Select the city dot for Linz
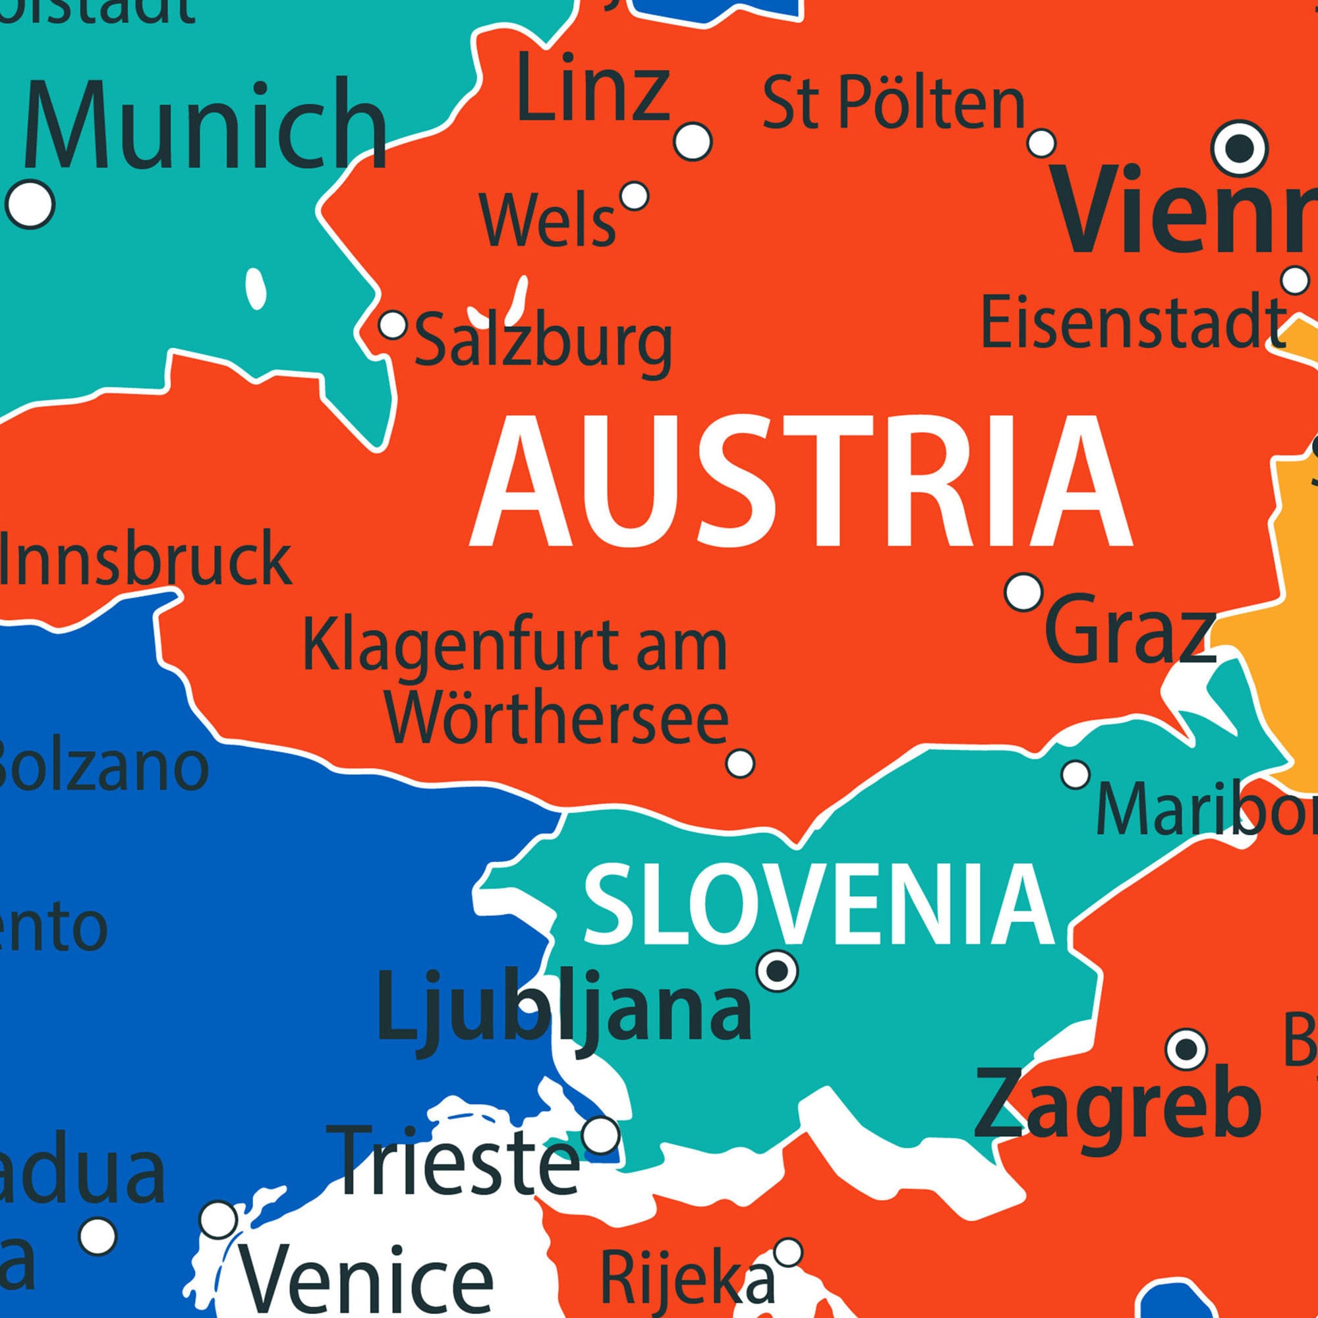click(693, 142)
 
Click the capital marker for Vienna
click(1240, 148)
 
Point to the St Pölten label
click(894, 104)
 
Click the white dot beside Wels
click(635, 196)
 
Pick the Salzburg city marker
click(393, 325)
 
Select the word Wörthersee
click(558, 719)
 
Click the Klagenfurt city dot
click(740, 762)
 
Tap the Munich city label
click(205, 127)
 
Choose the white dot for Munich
click(30, 203)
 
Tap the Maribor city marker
click(1076, 774)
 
